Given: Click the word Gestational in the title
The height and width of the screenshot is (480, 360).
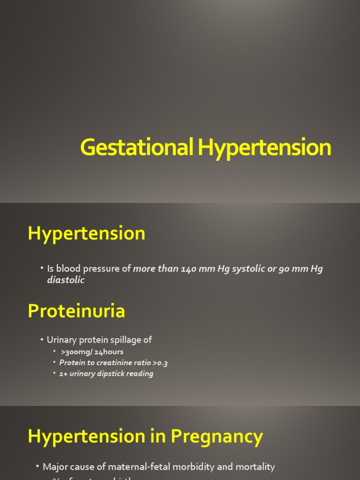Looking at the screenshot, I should click(136, 148).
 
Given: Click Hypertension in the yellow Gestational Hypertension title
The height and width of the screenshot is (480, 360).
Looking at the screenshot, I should click(264, 148).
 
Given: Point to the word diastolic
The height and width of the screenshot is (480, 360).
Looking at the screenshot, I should click(66, 280).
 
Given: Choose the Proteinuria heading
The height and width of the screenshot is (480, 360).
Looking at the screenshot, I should click(76, 311).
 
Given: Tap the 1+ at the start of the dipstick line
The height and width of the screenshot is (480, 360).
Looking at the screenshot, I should click(64, 374).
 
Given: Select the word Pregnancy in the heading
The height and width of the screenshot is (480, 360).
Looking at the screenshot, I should click(217, 436).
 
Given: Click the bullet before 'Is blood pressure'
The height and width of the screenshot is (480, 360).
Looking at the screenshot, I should click(42, 268).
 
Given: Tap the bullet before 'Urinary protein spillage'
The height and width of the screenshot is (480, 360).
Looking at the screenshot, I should click(42, 339).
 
